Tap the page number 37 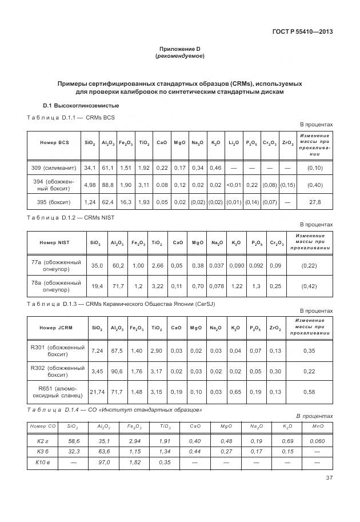[329, 478]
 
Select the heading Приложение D [179, 49]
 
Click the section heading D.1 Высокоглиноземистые [81, 106]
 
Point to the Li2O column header [234, 142]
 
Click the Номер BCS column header [54, 142]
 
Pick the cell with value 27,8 [314, 202]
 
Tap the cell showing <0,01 [234, 185]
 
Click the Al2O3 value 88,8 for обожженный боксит [107, 185]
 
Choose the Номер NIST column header [55, 243]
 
